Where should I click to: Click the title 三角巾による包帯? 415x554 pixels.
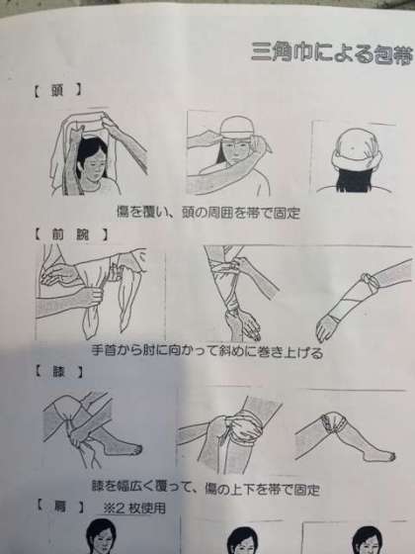click(332, 54)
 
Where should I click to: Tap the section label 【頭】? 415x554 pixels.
click(57, 90)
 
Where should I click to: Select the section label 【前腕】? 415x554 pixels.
click(70, 234)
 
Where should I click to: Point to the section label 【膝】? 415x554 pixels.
click(59, 372)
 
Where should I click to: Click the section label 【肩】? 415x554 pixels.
click(59, 507)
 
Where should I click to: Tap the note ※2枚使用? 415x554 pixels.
click(134, 508)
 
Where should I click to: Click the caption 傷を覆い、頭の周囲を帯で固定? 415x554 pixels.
click(208, 213)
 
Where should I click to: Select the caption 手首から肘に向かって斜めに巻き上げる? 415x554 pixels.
click(207, 351)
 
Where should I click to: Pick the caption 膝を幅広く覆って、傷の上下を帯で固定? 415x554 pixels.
click(206, 489)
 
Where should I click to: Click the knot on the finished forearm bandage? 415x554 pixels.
click(369, 282)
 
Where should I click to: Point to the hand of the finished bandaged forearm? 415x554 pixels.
click(327, 327)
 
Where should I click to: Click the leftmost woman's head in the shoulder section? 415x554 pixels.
click(101, 535)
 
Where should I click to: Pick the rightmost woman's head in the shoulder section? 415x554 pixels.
click(367, 539)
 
